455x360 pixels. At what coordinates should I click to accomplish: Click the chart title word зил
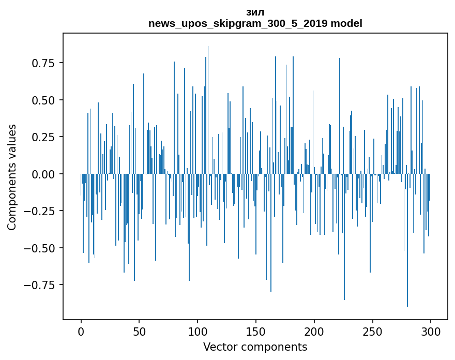tap(255, 12)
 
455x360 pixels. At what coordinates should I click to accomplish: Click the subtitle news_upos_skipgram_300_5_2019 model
tap(255, 23)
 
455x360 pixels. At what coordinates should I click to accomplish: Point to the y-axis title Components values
tap(12, 177)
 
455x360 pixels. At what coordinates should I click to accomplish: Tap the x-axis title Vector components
tap(255, 347)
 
